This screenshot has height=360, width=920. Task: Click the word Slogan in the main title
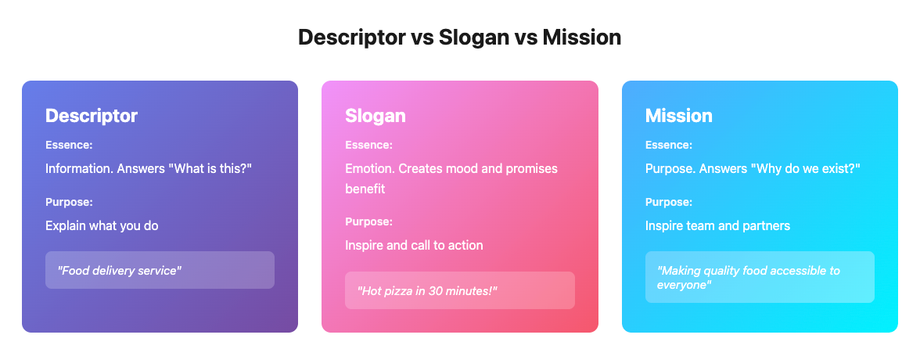(x=474, y=38)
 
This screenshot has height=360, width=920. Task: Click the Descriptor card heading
(x=92, y=116)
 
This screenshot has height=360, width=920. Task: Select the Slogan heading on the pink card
(x=376, y=116)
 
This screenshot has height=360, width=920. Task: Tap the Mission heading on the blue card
(x=679, y=116)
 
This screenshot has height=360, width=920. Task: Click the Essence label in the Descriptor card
(x=69, y=145)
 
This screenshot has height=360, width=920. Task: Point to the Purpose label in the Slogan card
(x=369, y=222)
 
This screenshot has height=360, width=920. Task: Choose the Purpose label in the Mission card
(x=669, y=202)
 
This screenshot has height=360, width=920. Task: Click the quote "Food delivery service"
(x=119, y=271)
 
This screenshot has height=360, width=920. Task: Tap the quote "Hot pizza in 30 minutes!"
(x=427, y=290)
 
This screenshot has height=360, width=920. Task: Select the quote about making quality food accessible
(x=749, y=278)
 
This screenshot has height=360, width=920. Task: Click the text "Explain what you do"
(x=102, y=225)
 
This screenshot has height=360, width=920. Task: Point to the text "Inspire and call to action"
(x=415, y=245)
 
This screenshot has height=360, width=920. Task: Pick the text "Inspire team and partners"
(x=717, y=225)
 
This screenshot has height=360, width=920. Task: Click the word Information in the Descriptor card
(x=79, y=168)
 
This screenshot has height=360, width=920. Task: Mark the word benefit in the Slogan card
(x=365, y=189)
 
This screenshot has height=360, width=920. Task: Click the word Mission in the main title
(x=581, y=38)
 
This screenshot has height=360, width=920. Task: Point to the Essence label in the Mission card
(x=669, y=145)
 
